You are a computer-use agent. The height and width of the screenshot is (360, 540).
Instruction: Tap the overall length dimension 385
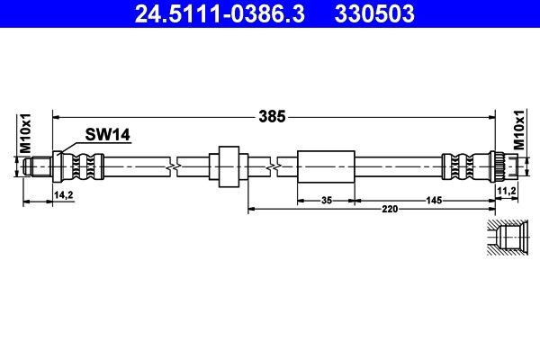pos(272,116)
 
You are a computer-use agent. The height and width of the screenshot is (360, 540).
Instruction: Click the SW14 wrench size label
pos(108,135)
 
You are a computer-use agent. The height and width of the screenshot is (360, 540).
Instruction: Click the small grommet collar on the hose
pos(227,166)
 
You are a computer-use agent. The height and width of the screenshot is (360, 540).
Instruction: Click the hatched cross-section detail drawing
pos(510,239)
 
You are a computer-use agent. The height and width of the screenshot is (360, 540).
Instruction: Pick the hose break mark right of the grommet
pos(274,166)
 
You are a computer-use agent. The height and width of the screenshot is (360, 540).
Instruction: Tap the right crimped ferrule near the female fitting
pos(457,166)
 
